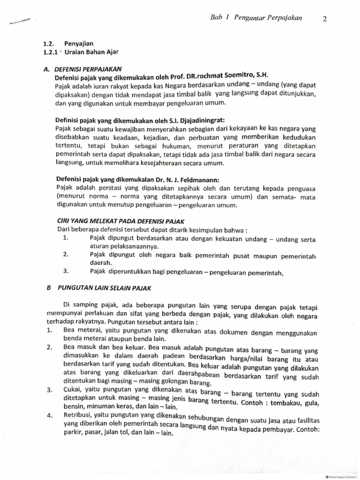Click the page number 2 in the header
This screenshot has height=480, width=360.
[x=325, y=18]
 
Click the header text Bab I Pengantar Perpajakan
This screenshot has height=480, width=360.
[x=256, y=18]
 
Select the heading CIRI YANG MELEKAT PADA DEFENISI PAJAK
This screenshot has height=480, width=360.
[x=121, y=221]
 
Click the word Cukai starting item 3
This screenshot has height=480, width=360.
[x=71, y=390]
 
